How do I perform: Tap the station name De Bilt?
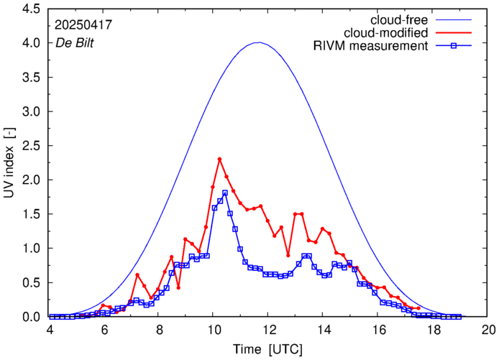coord(75,42)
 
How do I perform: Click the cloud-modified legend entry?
coord(387,33)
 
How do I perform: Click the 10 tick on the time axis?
coord(214,330)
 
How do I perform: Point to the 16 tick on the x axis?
coord(379,330)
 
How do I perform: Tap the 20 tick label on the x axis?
coord(489,330)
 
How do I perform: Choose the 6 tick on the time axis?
coord(104,330)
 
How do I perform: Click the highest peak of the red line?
coord(219,159)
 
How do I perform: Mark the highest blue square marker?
coord(225,193)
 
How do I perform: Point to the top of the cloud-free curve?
coord(259,42)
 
